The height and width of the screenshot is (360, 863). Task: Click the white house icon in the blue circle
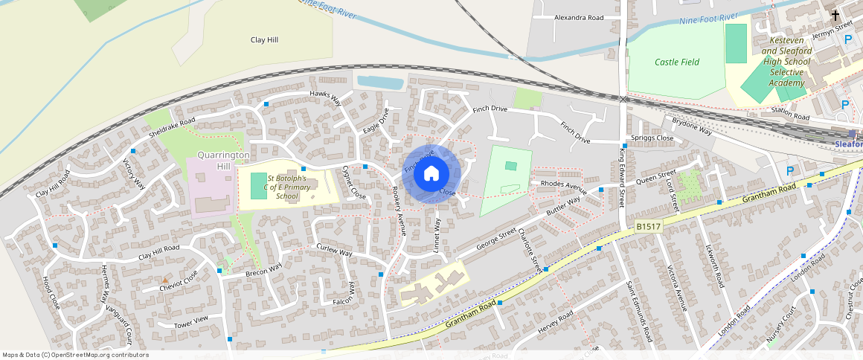pos(431,174)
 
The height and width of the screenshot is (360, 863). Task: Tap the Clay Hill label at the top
pos(264,40)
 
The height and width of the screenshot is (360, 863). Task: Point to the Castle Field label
pos(677,62)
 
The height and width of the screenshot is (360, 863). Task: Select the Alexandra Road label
pos(579,16)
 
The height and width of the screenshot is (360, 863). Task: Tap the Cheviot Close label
pos(180,277)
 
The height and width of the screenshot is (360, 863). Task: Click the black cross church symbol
pos(835,15)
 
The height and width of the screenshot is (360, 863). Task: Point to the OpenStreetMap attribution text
pos(75,355)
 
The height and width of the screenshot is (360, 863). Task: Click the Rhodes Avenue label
pos(564,184)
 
